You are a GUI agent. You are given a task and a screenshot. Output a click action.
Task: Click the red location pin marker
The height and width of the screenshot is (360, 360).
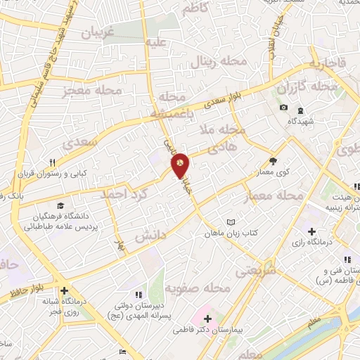[180, 164]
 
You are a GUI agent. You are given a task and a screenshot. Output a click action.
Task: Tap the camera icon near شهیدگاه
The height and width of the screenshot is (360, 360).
[283, 108]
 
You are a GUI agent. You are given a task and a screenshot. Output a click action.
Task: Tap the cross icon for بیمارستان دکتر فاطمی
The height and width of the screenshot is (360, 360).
[207, 318]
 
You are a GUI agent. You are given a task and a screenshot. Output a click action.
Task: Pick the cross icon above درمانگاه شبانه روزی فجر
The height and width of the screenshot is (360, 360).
[64, 290]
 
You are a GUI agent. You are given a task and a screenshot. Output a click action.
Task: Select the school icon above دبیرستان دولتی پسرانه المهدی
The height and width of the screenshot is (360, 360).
[138, 293]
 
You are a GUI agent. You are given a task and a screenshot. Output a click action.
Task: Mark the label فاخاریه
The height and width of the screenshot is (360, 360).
[323, 63]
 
